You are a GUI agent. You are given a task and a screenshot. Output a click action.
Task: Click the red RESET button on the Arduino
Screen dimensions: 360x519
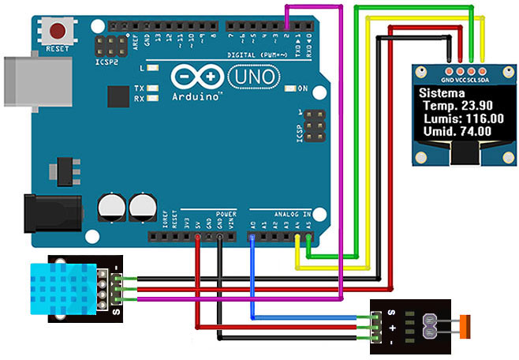click(x=58, y=31)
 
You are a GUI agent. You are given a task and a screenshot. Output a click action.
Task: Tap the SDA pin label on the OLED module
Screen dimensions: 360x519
click(x=484, y=81)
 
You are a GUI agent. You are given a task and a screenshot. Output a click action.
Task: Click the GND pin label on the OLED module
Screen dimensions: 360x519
click(x=447, y=81)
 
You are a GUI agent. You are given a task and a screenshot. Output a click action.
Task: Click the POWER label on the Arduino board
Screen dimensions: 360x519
click(x=226, y=213)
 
